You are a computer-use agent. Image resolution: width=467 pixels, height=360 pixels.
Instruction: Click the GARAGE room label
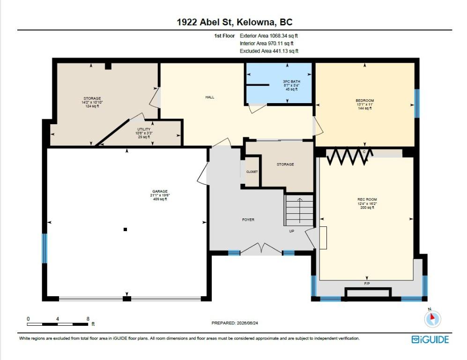tap(160, 191)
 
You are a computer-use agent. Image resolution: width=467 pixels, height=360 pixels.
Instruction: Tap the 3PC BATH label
tap(291, 82)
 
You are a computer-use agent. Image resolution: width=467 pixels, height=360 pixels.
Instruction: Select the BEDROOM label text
tap(365, 101)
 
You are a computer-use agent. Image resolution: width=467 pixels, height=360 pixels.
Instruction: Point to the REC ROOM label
tap(367, 200)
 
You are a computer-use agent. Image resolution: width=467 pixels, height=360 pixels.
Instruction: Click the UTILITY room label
tap(144, 129)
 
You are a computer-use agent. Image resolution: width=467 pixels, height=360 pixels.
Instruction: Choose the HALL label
tap(210, 97)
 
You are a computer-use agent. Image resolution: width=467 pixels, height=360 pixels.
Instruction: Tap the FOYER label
tap(248, 220)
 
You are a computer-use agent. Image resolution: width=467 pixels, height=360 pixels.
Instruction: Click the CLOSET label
tap(252, 172)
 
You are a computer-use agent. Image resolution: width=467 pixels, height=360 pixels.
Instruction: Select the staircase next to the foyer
tap(299, 210)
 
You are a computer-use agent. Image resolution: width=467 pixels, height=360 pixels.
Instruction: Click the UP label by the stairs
tap(291, 231)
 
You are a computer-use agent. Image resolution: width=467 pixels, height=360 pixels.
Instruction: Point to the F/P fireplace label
tap(367, 284)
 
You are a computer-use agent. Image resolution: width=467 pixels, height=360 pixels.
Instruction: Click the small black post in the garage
tap(126, 230)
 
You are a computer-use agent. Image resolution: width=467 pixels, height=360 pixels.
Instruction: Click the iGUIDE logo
tap(430, 339)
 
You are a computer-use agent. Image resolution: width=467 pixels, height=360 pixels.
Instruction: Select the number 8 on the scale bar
tap(88, 319)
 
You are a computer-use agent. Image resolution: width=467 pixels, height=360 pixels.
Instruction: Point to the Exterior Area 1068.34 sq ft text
tap(269, 36)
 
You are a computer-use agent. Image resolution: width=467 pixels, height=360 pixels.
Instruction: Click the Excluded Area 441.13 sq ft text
tap(269, 51)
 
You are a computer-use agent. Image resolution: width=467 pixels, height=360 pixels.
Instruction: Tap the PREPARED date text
tap(235, 323)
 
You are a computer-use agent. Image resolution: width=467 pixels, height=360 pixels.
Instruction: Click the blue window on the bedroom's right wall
tap(417, 104)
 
